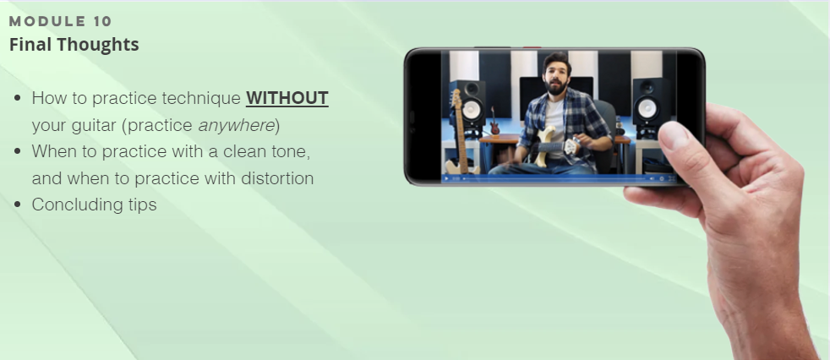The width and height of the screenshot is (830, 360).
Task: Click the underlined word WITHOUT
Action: [287, 98]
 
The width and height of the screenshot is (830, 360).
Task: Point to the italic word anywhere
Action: [236, 125]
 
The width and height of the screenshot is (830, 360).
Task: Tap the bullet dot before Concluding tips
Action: [18, 205]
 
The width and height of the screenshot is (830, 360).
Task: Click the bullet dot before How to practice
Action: [18, 98]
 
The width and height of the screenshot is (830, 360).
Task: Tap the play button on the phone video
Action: [446, 179]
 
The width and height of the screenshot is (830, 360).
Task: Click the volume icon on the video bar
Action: [652, 179]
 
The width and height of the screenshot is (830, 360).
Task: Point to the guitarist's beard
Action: [556, 87]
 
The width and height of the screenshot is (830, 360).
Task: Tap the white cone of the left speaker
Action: [472, 110]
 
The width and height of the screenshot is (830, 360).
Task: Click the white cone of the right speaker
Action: [647, 109]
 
